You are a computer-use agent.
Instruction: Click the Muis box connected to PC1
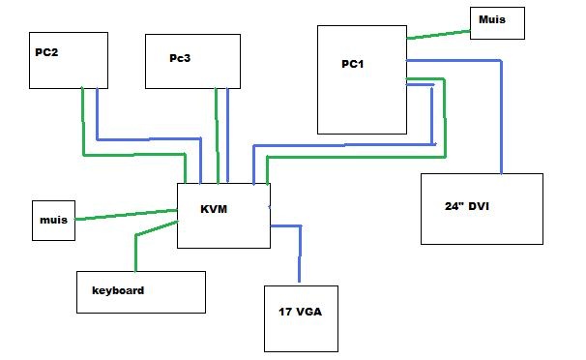click(x=498, y=22)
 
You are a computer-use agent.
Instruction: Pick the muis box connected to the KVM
click(x=53, y=221)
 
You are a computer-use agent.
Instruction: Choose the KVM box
click(x=223, y=214)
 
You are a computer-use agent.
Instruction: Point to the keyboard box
click(x=141, y=291)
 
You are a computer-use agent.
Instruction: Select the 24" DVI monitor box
click(x=481, y=208)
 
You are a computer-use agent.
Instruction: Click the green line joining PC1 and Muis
click(x=438, y=35)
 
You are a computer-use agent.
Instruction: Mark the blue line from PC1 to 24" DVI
click(x=501, y=116)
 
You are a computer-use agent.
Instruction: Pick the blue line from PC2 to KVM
click(x=145, y=138)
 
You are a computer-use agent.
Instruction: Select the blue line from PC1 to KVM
click(x=338, y=146)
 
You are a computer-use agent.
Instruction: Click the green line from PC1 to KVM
click(x=358, y=156)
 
